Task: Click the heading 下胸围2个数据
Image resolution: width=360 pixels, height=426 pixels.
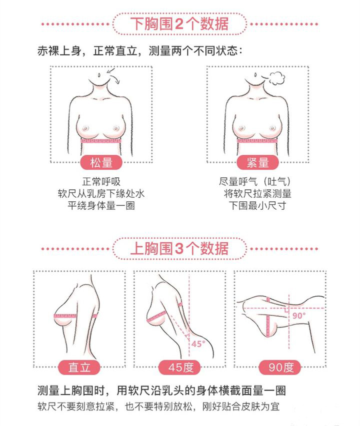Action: [x=179, y=23]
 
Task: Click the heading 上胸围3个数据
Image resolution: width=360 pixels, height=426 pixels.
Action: [x=179, y=248]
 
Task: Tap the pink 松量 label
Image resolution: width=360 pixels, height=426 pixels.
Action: [x=101, y=163]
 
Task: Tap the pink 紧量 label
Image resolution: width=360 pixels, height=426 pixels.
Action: [x=258, y=163]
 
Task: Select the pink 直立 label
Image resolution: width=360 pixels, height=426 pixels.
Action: [x=79, y=367]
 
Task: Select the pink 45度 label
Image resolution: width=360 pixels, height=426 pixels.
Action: [x=179, y=367]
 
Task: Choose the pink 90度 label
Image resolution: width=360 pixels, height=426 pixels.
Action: [x=280, y=367]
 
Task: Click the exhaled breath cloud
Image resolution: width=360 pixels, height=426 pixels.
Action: [x=277, y=78]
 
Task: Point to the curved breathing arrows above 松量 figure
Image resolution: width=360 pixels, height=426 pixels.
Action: [x=113, y=75]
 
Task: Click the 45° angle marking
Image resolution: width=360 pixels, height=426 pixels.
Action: [x=198, y=344]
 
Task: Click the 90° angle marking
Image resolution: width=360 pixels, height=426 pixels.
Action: [x=299, y=316]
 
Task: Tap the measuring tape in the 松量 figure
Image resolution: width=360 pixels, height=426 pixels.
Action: [x=101, y=141]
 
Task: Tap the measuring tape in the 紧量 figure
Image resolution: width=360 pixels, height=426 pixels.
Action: [x=257, y=141]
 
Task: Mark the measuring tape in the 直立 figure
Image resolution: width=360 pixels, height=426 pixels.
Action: [x=75, y=316]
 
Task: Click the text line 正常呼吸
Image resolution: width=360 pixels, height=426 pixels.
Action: [x=101, y=181]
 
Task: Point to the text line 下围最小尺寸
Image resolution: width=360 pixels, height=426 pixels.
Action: [x=257, y=205]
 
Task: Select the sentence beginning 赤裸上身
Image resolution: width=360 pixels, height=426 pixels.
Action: [x=139, y=51]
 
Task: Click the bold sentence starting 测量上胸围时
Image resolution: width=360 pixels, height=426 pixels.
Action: [x=161, y=391]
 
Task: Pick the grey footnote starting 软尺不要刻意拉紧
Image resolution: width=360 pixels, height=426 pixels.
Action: [x=158, y=407]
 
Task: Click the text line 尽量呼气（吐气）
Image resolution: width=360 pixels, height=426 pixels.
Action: [x=255, y=181]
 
